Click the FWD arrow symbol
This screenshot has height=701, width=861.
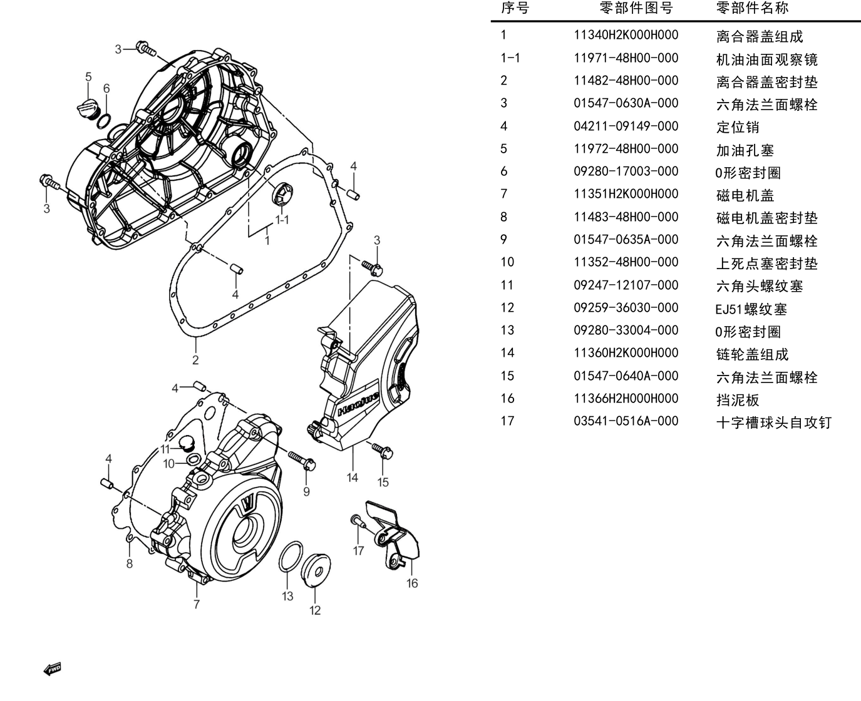pos(52,669)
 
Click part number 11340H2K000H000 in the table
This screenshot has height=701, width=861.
pos(626,35)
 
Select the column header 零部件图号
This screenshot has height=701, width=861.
pos(636,8)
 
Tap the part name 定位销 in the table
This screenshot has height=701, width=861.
pos(737,127)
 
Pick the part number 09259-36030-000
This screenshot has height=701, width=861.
pos(626,308)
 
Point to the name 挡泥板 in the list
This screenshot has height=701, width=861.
pos(737,400)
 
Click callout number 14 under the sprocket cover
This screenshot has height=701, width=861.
pos(352,478)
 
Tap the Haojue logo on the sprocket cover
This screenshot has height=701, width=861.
pos(358,404)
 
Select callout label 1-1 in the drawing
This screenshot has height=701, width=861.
pos(282,220)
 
